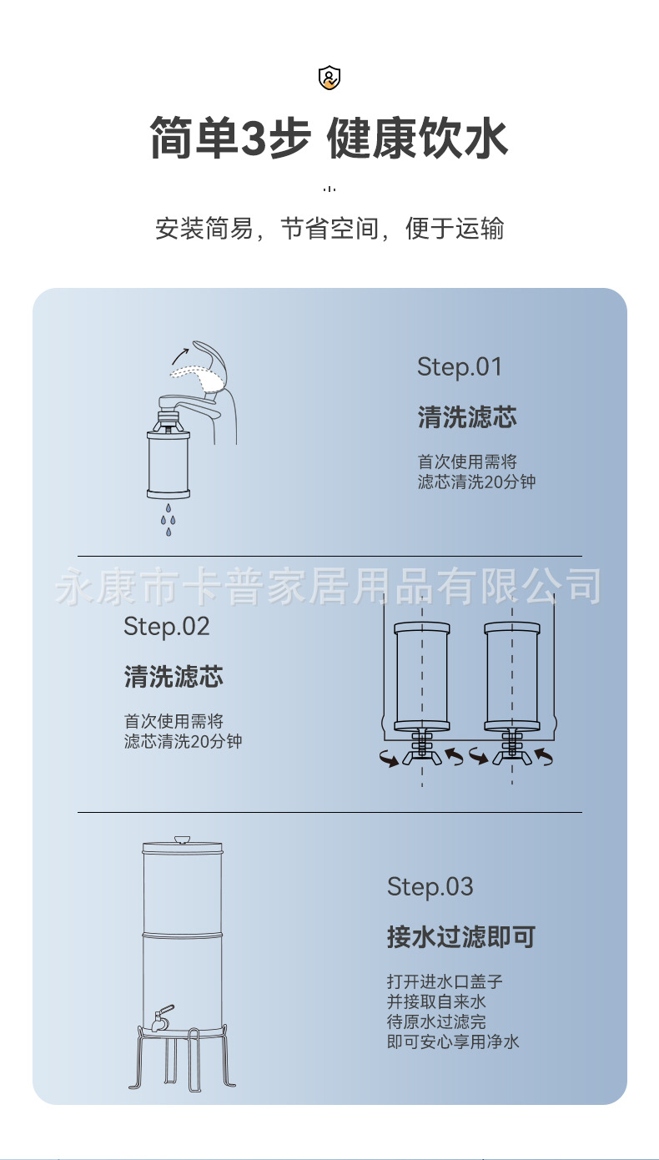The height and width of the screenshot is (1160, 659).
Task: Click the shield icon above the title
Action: (329, 78)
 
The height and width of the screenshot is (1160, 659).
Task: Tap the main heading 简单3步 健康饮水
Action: (329, 138)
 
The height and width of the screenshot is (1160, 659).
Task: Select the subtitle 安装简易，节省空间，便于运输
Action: (329, 229)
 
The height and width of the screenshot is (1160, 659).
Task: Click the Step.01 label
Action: (460, 366)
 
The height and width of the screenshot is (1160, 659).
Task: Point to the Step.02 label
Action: (166, 626)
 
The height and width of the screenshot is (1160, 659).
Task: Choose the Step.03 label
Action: (430, 886)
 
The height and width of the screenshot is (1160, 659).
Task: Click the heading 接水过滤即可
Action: (460, 936)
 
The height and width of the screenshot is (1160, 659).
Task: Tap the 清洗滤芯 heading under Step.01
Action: (467, 417)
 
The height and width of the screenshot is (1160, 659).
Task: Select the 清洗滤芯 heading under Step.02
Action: (174, 676)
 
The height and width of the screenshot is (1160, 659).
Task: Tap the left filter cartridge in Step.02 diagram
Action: (422, 676)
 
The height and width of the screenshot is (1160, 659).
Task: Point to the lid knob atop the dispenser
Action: (182, 839)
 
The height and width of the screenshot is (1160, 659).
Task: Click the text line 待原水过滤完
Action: (436, 1021)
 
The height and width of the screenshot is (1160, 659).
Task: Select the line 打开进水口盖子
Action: (445, 981)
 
